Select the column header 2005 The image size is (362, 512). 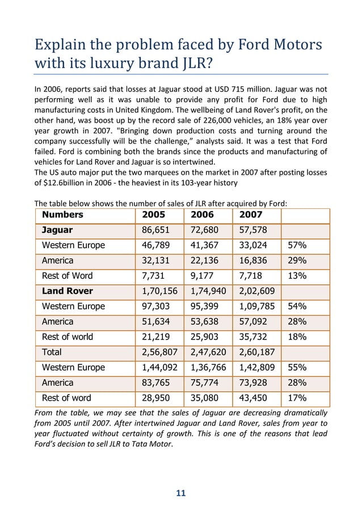tap(153, 215)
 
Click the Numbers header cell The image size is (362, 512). tap(62, 215)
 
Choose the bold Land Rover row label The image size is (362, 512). tap(68, 291)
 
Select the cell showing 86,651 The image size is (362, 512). tap(156, 230)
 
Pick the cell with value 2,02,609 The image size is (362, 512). tap(258, 291)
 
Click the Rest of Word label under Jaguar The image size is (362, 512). tap(67, 276)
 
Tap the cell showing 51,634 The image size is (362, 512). tap(156, 322)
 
